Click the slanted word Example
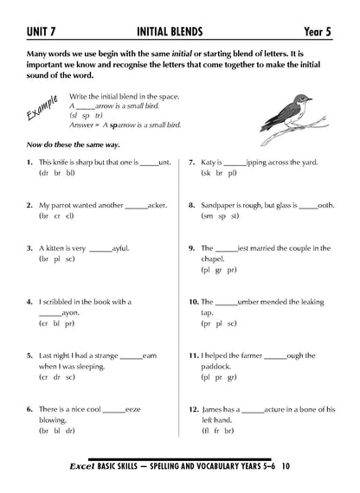click(41, 111)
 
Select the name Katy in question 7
click(210, 162)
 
